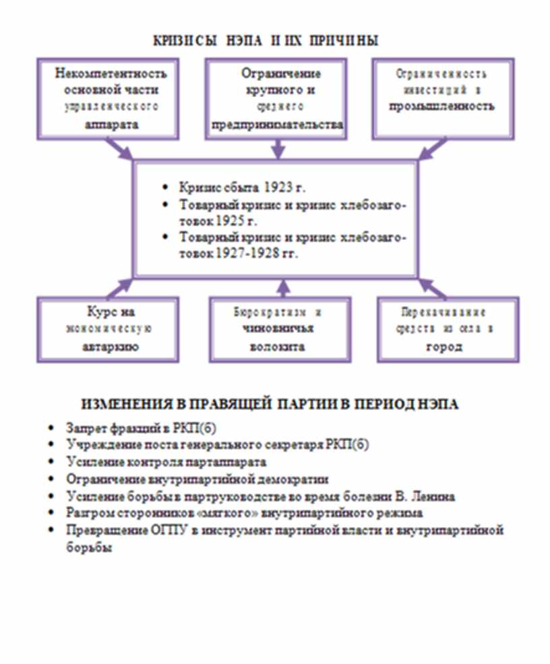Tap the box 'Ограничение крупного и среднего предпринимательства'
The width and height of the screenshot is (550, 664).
click(x=276, y=98)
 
